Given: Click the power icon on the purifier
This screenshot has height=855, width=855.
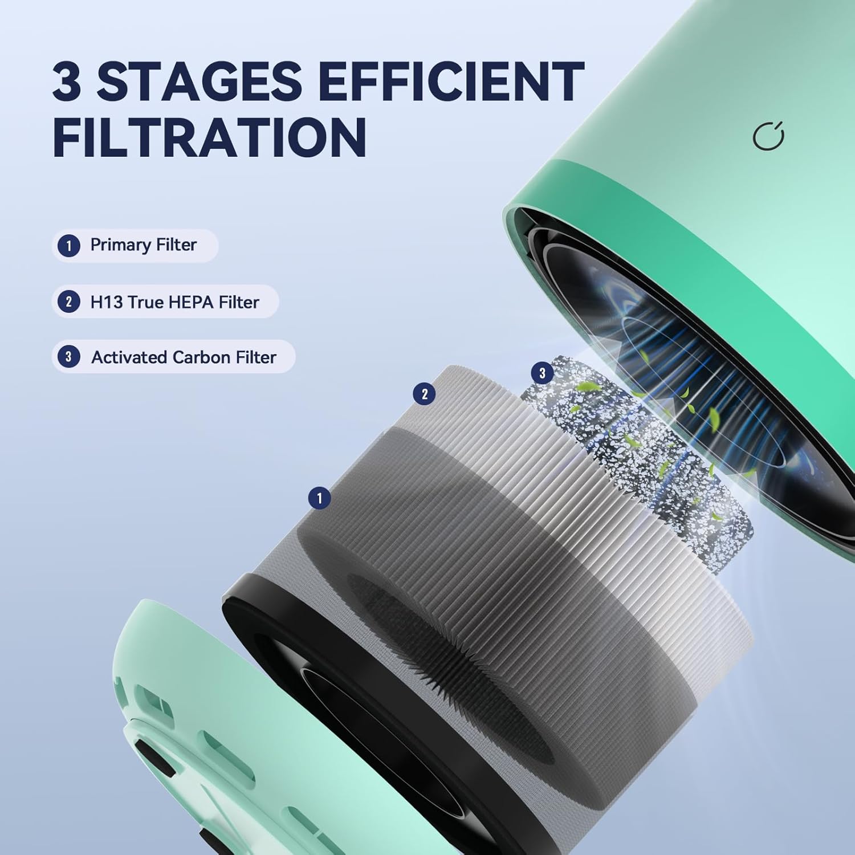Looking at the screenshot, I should (x=768, y=136).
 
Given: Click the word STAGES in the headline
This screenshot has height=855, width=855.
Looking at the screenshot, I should (x=199, y=80).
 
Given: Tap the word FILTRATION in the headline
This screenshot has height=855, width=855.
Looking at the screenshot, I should (x=210, y=137).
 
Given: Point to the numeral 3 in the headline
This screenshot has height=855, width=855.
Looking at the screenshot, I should (x=67, y=80).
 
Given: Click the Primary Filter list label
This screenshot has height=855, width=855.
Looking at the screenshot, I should (x=143, y=245).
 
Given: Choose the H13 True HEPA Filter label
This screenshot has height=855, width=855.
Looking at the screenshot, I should (x=174, y=302).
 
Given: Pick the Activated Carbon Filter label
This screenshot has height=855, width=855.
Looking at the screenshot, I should (x=184, y=357).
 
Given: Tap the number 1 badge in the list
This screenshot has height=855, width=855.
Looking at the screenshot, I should (x=69, y=246).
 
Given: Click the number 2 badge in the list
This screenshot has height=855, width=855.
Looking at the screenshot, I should (x=69, y=302).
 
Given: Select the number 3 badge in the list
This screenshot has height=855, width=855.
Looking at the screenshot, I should (x=69, y=357).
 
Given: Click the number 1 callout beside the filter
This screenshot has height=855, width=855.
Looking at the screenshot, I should (x=319, y=498).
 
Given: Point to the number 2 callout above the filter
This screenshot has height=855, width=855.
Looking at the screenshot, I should (x=424, y=394).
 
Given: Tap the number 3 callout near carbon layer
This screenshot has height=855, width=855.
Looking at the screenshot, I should (x=542, y=373).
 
